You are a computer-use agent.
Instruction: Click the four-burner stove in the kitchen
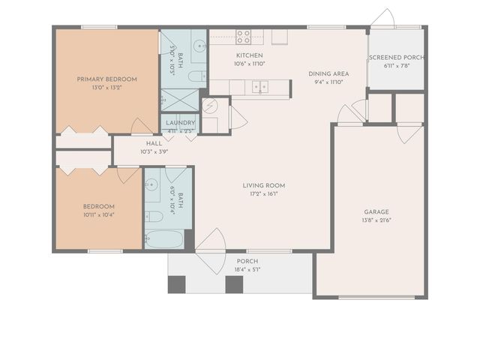244,35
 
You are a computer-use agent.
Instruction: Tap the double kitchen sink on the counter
260,87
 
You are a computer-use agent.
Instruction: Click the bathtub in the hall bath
164,239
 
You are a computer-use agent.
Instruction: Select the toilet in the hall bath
154,216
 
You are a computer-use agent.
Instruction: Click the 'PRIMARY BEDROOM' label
106,78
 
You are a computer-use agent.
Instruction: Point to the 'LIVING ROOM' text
263,185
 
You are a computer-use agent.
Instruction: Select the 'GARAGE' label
376,211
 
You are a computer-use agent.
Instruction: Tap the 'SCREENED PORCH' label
396,58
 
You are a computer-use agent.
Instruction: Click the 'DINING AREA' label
328,73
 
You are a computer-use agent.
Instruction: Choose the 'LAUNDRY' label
181,123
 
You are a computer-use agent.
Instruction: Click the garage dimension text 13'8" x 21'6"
376,220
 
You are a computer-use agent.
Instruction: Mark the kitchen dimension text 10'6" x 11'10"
250,64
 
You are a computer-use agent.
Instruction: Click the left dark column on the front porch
177,285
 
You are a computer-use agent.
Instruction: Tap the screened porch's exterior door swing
382,19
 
